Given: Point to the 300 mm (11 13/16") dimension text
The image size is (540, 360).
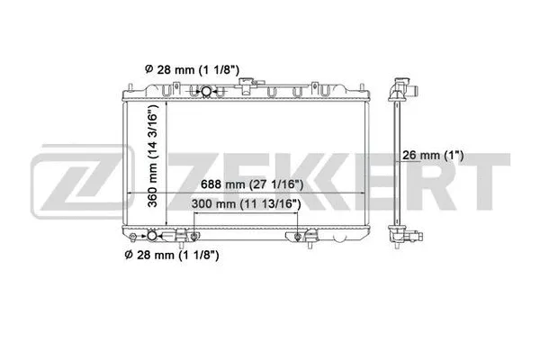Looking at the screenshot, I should (x=246, y=204).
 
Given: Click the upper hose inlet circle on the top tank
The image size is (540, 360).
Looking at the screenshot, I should (x=206, y=92).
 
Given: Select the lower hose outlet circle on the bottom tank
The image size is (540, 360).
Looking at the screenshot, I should (x=150, y=237).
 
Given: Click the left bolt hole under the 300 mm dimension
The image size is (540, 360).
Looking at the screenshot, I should (x=190, y=236).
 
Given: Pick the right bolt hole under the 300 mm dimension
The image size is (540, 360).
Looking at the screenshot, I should (x=299, y=236).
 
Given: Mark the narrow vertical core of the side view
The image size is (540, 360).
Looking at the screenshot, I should (x=395, y=162).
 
